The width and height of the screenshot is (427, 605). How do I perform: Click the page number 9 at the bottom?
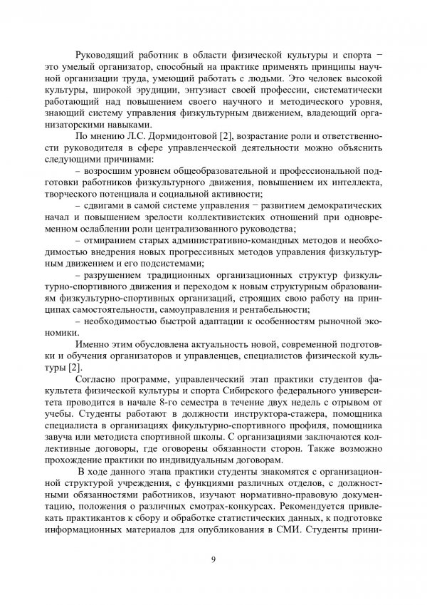(x=213, y=557)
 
